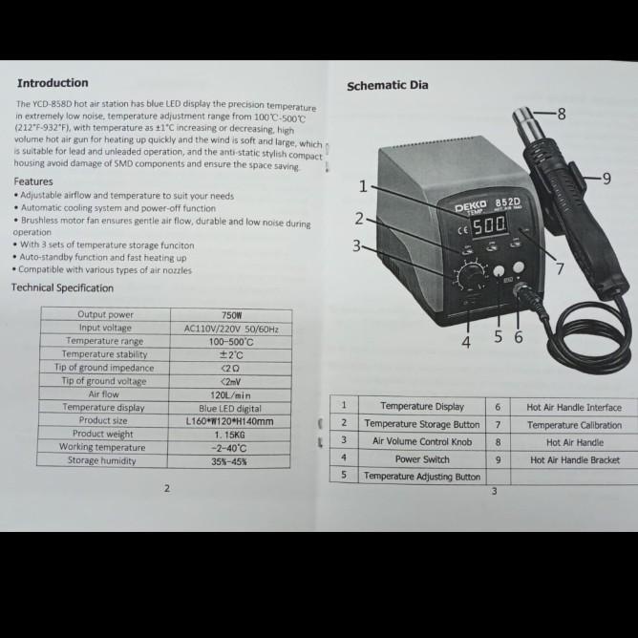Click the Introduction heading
pos(53,83)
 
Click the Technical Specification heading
pos(63,287)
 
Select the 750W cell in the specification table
pos(231,314)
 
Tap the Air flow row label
pos(103,394)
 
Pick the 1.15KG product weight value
pos(230,435)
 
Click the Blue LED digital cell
pos(230,408)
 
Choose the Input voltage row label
pos(105,328)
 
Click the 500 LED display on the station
pos(489,225)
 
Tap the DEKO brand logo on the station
pos(471,206)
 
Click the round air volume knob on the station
pos(470,277)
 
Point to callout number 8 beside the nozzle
pos(562,114)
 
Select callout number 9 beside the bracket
pos(606,178)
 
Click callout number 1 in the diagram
pos(363,185)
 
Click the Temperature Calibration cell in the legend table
pos(574,425)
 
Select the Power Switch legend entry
pos(422,458)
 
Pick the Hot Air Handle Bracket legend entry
pos(574,459)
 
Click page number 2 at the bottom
pos(166,488)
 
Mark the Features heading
pos(33,181)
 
